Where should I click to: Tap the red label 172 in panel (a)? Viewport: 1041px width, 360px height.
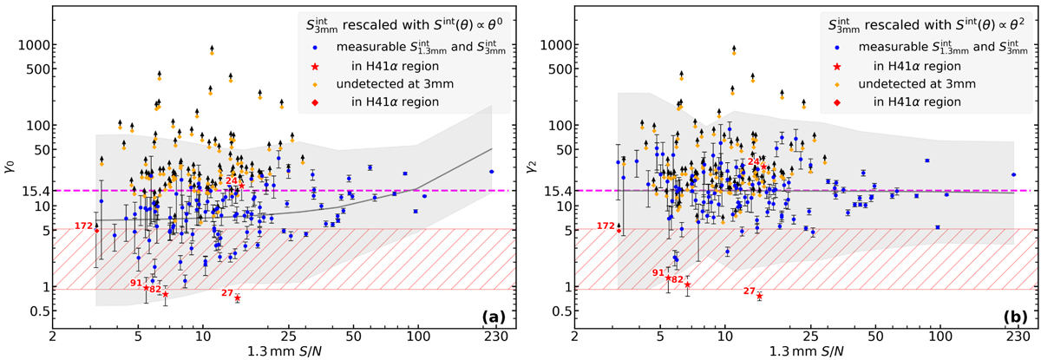click(x=83, y=226)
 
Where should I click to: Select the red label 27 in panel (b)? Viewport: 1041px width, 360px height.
click(x=750, y=291)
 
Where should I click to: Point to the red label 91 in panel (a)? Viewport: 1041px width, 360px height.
click(x=136, y=283)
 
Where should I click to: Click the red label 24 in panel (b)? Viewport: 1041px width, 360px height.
click(x=754, y=161)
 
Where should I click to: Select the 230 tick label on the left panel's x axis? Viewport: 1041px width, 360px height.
click(x=492, y=337)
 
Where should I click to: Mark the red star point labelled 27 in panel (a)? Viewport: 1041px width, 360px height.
click(x=237, y=298)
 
